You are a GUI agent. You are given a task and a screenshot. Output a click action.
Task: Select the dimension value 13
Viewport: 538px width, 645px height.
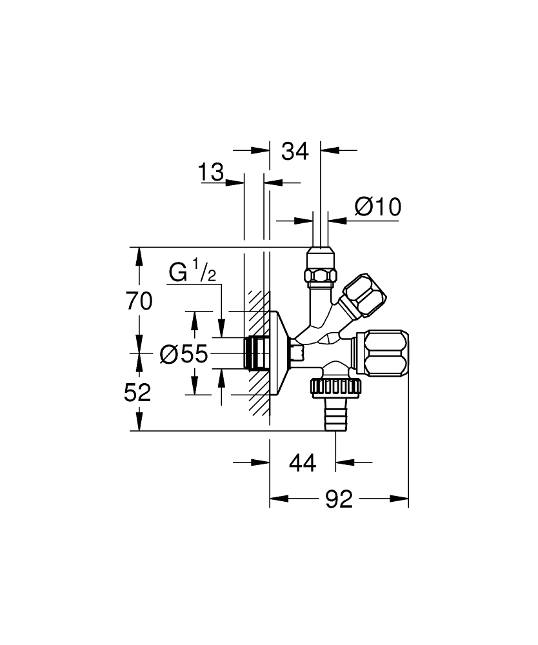coord(211,173)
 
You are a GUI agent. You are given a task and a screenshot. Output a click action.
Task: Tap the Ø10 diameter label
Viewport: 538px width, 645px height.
coord(378,207)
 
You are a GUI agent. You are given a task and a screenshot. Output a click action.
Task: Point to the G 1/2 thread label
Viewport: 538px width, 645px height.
coord(192,272)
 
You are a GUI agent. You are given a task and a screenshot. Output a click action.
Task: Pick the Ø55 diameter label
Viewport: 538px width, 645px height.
coord(184,353)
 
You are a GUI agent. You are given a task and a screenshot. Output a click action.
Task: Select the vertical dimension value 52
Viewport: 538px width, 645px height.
coord(137,392)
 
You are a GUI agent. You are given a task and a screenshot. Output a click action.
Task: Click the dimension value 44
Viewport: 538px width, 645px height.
coord(302,462)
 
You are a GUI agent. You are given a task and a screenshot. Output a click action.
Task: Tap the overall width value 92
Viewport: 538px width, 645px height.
coord(339,499)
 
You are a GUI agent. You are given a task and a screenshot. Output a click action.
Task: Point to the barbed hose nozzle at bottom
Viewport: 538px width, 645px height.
coord(336,414)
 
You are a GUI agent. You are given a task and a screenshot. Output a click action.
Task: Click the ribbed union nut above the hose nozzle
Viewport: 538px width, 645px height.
coord(336,387)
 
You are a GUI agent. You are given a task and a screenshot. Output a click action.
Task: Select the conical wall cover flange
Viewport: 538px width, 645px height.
coord(279,353)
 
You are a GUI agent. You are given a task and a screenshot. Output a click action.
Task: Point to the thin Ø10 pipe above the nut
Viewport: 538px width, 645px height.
coord(321,229)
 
